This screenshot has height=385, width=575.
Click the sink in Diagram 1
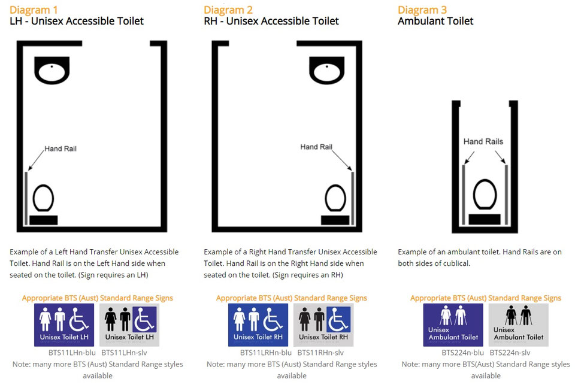click(x=52, y=69)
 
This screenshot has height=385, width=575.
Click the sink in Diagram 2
click(x=326, y=69)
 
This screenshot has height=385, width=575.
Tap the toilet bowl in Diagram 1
click(x=43, y=198)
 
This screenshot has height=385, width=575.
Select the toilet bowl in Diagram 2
click(x=335, y=198)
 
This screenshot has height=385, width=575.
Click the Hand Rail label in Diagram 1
click(x=60, y=148)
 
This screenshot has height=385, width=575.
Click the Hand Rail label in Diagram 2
click(x=316, y=147)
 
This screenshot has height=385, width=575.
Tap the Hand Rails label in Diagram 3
click(x=483, y=142)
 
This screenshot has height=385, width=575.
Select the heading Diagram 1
click(x=34, y=10)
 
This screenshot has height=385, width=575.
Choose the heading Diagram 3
click(x=422, y=10)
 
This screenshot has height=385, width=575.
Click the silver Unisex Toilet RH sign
click(x=323, y=325)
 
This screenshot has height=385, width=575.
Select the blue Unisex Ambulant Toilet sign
click(x=453, y=325)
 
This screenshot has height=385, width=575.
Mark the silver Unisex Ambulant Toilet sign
click(x=519, y=325)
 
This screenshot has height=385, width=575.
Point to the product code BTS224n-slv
click(x=510, y=353)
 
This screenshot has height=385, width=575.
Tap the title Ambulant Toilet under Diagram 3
click(x=435, y=22)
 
